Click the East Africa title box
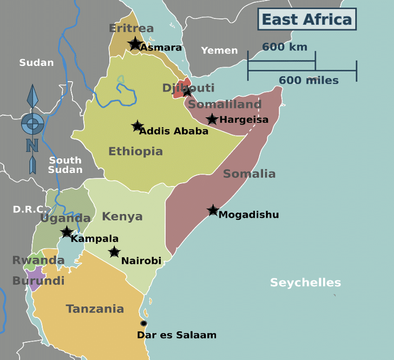tap(306, 19)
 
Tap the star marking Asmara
tap(135, 44)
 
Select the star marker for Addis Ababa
tap(137, 126)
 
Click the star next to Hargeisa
tap(212, 119)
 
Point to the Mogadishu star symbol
tap(213, 210)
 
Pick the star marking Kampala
tap(67, 232)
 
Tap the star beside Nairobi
tap(114, 252)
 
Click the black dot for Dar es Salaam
tap(143, 323)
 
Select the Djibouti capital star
tap(187, 92)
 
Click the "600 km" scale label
tap(284, 47)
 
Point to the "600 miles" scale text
tap(308, 81)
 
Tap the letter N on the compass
tap(32, 145)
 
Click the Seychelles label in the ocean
tap(305, 283)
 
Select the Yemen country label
tap(219, 50)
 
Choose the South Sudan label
tap(65, 165)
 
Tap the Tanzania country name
tap(95, 309)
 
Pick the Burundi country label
tap(38, 281)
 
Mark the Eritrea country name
tap(131, 28)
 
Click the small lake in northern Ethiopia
tap(120, 79)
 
